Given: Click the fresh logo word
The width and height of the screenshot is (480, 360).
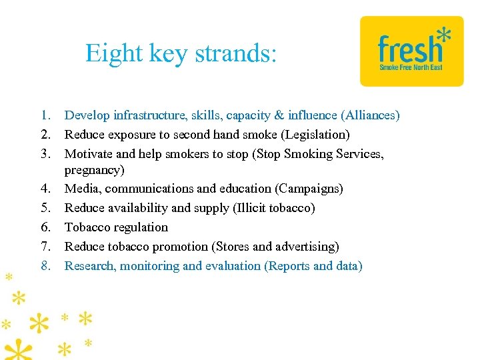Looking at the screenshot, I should click(x=409, y=50).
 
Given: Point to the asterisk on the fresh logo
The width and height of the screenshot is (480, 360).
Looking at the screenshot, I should click(x=442, y=34).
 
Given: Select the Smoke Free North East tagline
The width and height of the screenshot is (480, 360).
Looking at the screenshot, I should click(x=411, y=67).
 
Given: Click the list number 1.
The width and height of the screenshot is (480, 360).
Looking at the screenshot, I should click(x=45, y=116).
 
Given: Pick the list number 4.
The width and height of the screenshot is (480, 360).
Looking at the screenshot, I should click(x=45, y=189).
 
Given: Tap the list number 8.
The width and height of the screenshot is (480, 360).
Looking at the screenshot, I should click(x=45, y=266).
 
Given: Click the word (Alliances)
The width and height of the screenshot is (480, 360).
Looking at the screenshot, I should click(x=370, y=116).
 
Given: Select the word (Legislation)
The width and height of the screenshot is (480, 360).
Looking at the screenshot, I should click(x=315, y=135).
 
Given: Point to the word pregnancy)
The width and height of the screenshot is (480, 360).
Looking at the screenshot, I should click(x=94, y=170).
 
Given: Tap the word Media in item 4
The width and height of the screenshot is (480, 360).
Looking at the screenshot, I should click(x=80, y=189).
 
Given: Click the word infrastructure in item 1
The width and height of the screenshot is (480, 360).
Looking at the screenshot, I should click(x=147, y=116).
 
